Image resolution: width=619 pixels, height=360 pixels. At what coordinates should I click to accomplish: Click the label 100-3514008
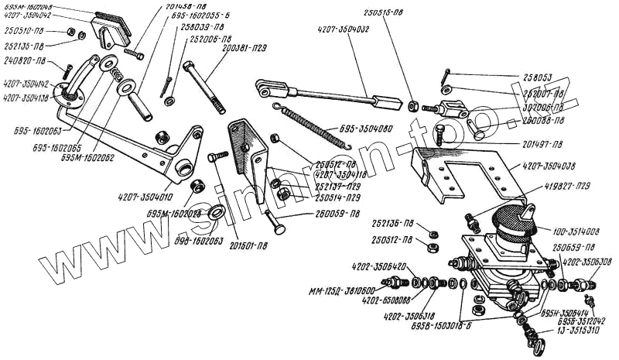pyautogui.click(x=575, y=231)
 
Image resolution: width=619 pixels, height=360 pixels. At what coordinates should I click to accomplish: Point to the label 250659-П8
pyautogui.click(x=573, y=247)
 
